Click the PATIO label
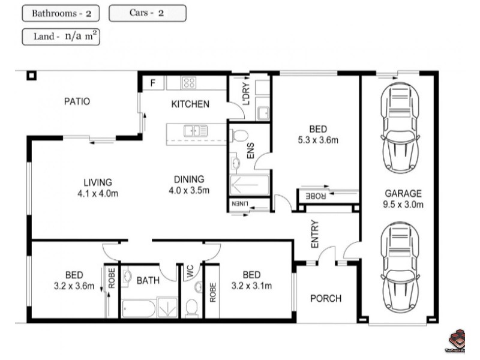click(x=77, y=101)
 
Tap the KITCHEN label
click(x=190, y=104)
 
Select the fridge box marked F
click(x=153, y=83)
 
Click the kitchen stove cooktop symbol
click(x=190, y=83)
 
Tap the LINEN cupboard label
click(x=239, y=206)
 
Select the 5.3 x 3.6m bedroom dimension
click(x=318, y=140)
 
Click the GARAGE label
click(x=403, y=194)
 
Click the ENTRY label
click(x=315, y=235)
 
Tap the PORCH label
click(x=325, y=298)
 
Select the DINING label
click(x=189, y=179)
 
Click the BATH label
click(x=148, y=280)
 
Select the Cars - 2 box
click(x=148, y=13)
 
